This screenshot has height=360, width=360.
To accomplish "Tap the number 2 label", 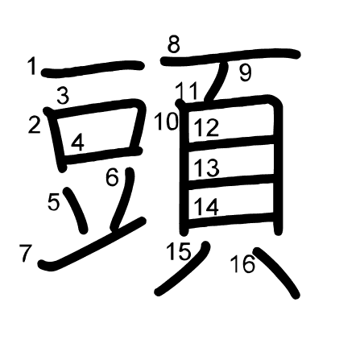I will (34, 125).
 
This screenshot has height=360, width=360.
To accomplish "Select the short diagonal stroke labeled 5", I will (78, 211).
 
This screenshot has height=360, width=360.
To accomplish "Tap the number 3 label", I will (62, 96).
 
